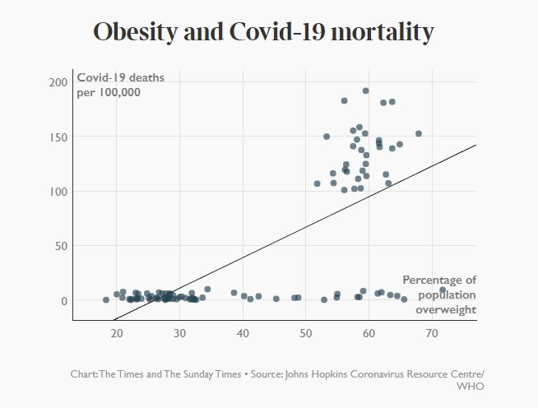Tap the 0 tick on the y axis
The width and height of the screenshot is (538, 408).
coord(63,301)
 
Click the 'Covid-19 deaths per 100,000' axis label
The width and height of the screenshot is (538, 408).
coord(120,85)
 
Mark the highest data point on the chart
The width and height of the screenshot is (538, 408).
coord(366,91)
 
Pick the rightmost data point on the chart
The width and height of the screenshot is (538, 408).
coord(443,290)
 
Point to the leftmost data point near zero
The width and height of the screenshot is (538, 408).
coord(106,300)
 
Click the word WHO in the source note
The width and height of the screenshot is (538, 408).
coord(471,386)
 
